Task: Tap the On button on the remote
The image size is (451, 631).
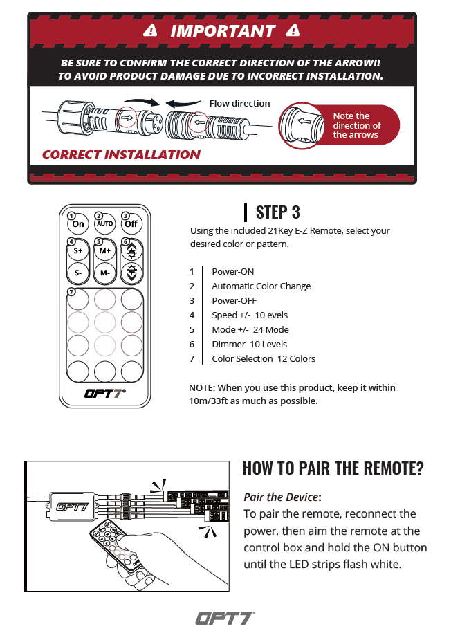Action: coord(78,223)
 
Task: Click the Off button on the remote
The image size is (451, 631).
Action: coord(131,223)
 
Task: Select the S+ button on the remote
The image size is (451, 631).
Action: coord(78,250)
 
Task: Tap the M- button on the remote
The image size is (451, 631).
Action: coord(105,273)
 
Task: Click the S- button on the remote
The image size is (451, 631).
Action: coord(78,273)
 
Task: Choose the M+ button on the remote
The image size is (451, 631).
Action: coord(105,250)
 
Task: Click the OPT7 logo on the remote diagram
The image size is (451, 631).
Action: coord(104,393)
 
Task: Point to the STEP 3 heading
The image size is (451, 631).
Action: coord(277,212)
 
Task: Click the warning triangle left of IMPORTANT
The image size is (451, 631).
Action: coord(151,30)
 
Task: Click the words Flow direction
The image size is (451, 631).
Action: coord(239,103)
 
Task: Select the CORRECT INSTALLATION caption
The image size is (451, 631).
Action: coord(121,154)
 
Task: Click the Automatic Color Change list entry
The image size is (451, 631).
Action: coord(261,286)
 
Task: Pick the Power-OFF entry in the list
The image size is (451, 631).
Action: coord(234,300)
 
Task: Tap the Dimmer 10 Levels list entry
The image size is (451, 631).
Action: coord(250,344)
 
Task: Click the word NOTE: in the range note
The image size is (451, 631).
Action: coord(202,387)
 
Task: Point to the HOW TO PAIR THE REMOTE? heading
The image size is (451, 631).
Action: coord(333,468)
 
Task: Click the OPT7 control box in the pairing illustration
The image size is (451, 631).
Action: coord(73,506)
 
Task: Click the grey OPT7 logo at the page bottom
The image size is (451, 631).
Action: coord(225,619)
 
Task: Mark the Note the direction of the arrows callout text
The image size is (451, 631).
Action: coord(356,125)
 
